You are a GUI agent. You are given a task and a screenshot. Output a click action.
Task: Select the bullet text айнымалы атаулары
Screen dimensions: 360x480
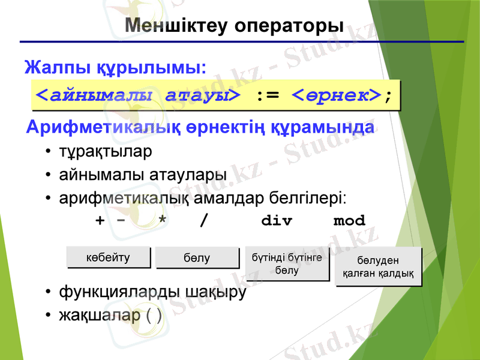pyautogui.click(x=142, y=175)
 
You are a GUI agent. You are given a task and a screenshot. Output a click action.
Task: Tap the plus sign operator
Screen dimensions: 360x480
pyautogui.click(x=100, y=221)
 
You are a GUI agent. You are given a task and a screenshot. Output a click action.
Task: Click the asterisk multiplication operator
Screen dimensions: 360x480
pyautogui.click(x=161, y=221)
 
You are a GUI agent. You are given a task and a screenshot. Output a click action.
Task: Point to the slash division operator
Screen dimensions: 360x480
pyautogui.click(x=205, y=221)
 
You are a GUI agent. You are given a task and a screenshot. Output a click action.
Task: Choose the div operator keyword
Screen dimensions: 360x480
pyautogui.click(x=277, y=221)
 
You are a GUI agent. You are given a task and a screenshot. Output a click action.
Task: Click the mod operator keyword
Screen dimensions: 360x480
pyautogui.click(x=349, y=221)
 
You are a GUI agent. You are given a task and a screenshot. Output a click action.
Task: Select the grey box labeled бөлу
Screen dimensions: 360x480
pyautogui.click(x=196, y=258)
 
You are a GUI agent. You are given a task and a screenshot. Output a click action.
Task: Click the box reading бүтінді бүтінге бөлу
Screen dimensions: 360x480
pyautogui.click(x=287, y=263)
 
